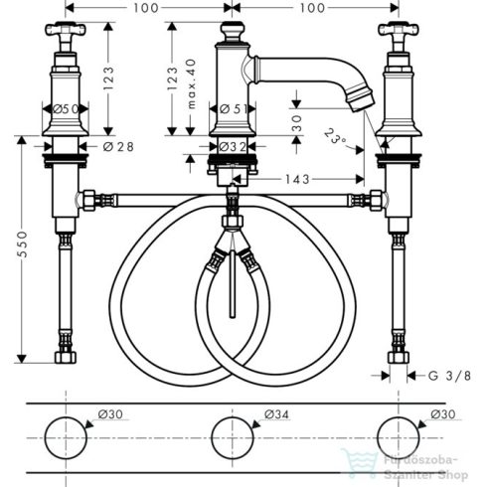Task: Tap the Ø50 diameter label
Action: point(65,108)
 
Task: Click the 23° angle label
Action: point(339,137)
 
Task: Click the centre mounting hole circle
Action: point(232,439)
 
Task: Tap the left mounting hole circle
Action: point(67,439)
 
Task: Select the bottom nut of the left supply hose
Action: point(67,356)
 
